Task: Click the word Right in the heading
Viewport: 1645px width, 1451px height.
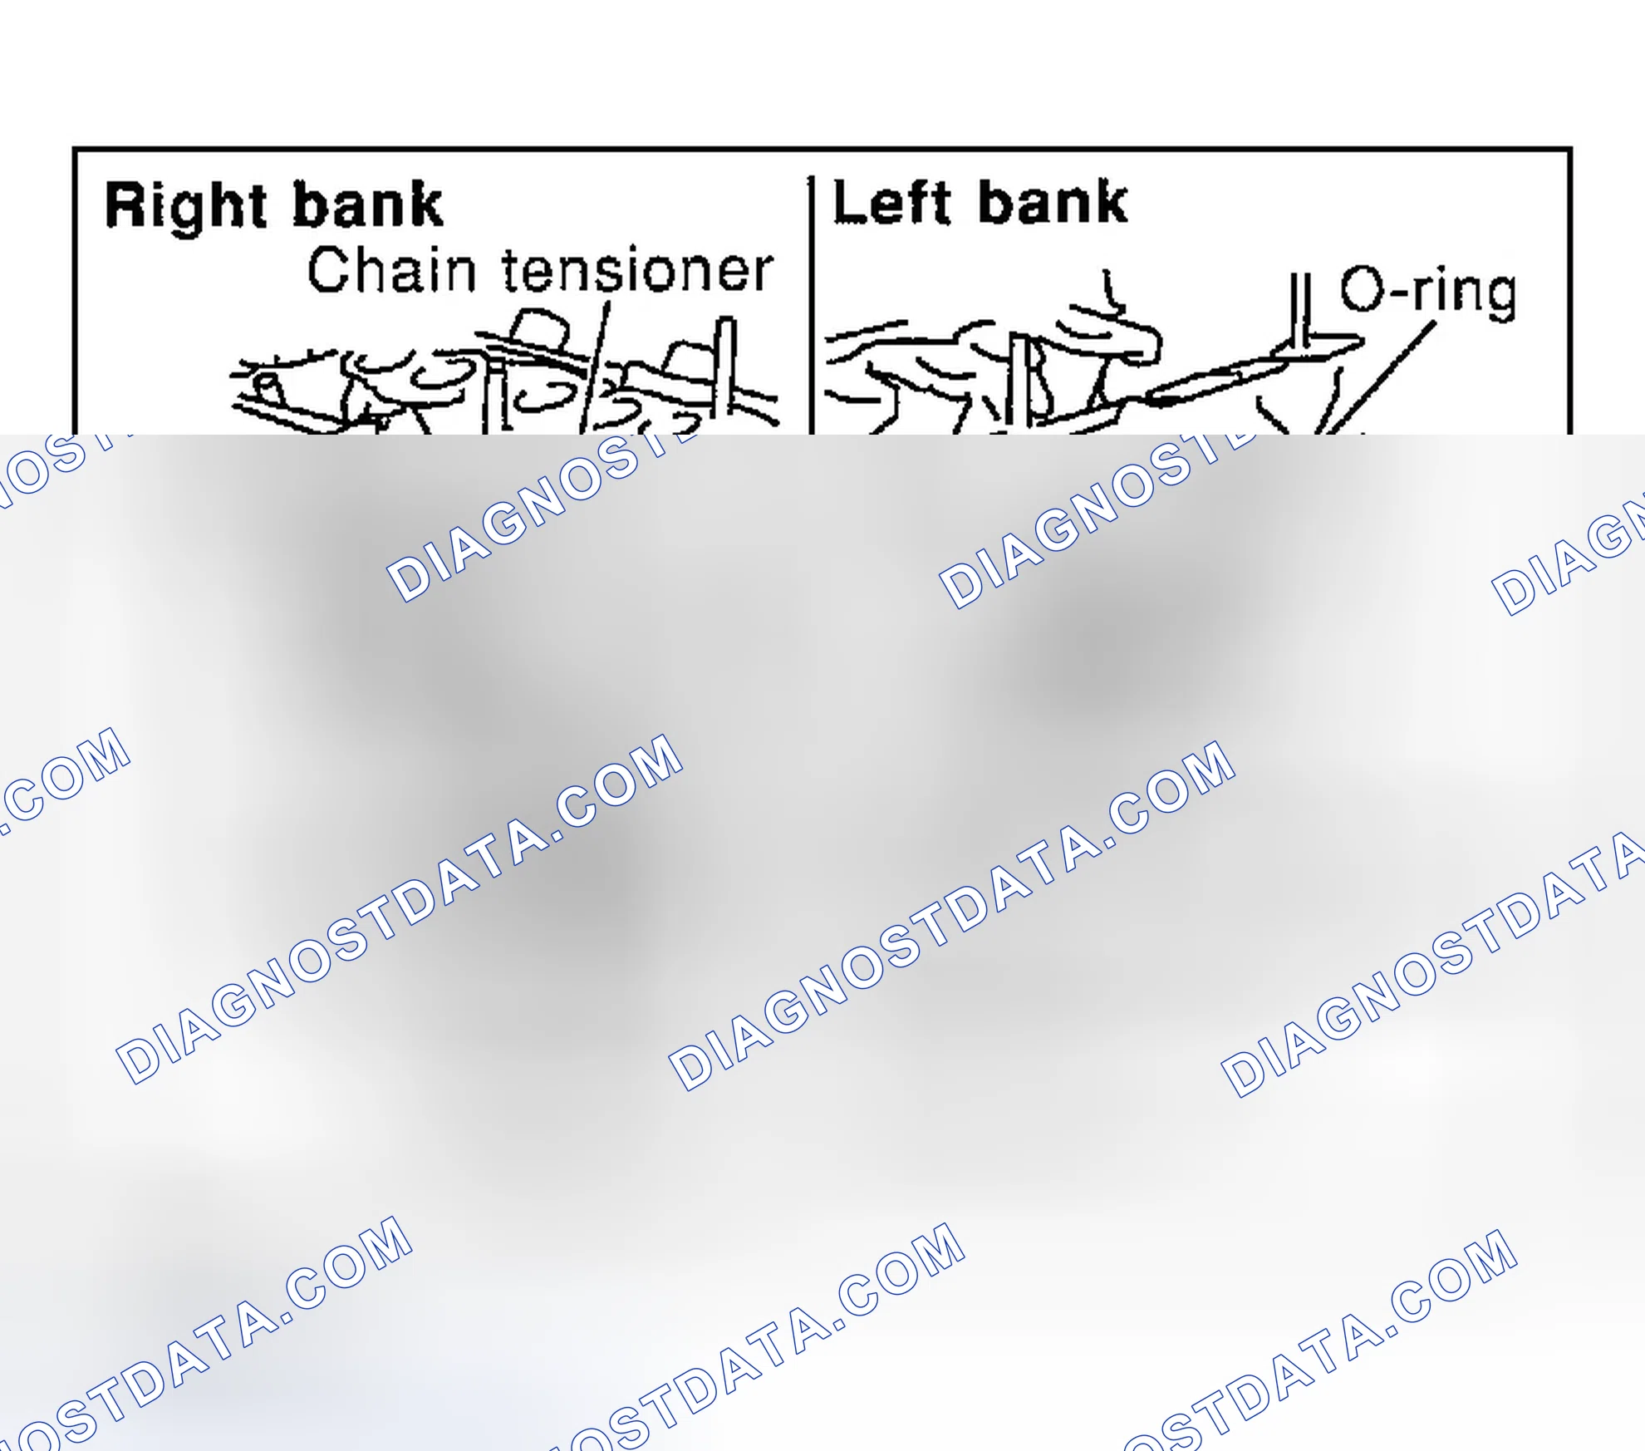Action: pos(186,208)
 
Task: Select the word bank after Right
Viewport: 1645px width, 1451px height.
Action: pos(368,204)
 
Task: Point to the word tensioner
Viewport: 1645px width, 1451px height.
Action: pos(638,270)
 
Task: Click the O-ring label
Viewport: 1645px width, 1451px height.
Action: pos(1428,293)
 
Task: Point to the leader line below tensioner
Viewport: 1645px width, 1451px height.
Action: pos(595,367)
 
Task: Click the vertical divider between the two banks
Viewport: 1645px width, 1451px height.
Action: pos(811,305)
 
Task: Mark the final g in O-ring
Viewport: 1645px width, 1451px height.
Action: pos(1499,298)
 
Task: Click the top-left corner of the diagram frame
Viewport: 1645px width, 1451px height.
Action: pos(75,150)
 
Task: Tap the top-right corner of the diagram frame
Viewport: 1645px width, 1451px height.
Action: pos(1570,150)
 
